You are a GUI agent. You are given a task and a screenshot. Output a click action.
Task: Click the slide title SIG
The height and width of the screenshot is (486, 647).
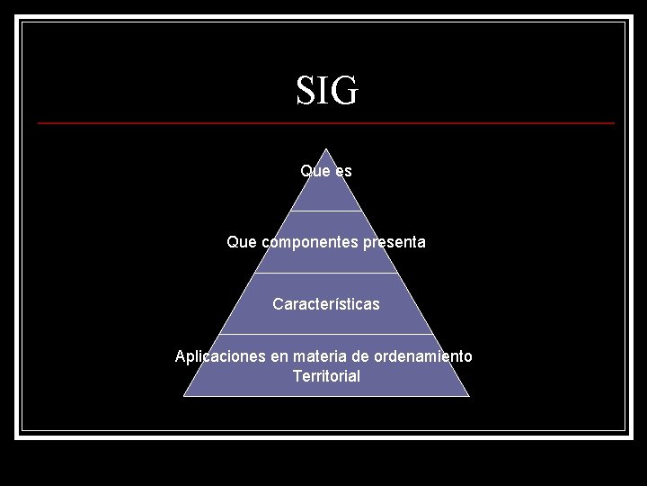[327, 91]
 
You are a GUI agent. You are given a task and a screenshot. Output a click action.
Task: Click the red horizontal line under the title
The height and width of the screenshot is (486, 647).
[326, 122]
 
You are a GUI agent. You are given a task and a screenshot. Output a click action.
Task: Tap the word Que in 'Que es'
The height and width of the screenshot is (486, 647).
[314, 170]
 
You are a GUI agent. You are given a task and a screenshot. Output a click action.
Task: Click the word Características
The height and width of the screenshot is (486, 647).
[326, 304]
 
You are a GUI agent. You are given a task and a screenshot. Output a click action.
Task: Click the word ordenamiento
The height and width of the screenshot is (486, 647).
[423, 356]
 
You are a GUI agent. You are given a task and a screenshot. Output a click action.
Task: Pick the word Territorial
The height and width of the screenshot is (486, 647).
[326, 376]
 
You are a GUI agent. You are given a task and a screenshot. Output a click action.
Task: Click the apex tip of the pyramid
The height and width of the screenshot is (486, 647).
[326, 150]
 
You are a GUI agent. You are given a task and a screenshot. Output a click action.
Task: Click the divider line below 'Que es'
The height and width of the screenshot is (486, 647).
[326, 211]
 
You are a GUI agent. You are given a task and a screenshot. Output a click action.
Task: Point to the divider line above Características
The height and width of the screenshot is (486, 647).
[326, 273]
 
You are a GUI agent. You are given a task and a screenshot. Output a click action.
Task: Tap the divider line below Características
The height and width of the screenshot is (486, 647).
[326, 334]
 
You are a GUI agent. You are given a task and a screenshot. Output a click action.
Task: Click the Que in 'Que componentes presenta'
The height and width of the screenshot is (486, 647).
[242, 242]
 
